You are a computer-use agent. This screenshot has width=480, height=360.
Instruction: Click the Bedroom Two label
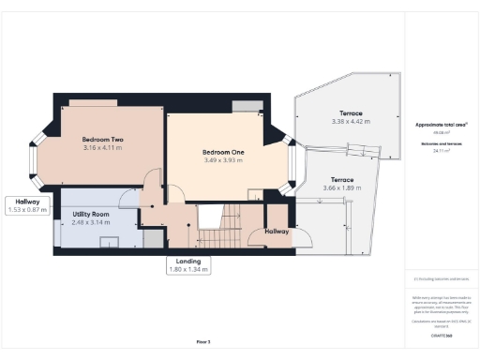click(x=103, y=139)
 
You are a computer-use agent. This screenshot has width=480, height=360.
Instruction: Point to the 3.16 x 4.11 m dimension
click(x=103, y=148)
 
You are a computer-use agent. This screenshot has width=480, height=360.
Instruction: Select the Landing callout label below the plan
click(x=187, y=261)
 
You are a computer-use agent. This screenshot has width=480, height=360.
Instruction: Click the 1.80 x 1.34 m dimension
click(x=187, y=269)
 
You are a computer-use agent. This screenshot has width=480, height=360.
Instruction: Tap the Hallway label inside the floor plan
click(x=277, y=231)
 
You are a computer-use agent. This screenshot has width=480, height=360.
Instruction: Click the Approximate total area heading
click(x=440, y=124)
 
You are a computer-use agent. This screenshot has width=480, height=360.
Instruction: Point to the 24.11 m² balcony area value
click(x=440, y=150)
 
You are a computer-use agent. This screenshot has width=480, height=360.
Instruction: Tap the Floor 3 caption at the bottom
click(x=203, y=341)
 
